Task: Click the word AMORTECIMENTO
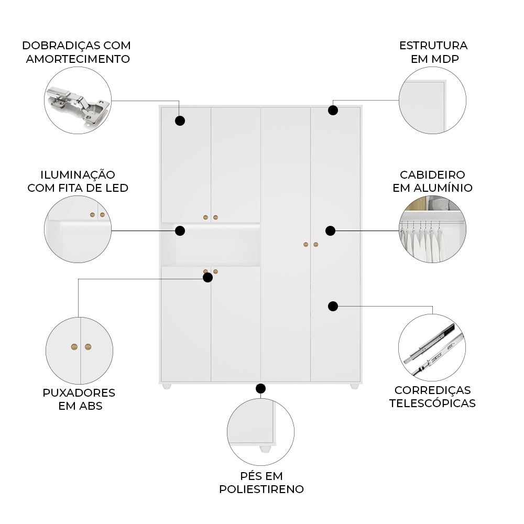pos(78,59)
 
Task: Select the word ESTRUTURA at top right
pos(433,45)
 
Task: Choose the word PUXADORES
pos(79,392)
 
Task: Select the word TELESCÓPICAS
pos(432,403)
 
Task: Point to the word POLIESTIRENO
pos(261,489)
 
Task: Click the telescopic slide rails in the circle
pos(432,348)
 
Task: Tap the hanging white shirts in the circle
pos(424,244)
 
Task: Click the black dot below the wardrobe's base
pos(260,388)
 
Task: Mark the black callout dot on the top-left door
pos(180,121)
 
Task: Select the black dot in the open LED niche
pos(180,231)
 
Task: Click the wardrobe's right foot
pos(354,387)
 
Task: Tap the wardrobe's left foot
pos(167,387)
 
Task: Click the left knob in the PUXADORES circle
pos(74,346)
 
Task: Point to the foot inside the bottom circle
pos(266,449)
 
